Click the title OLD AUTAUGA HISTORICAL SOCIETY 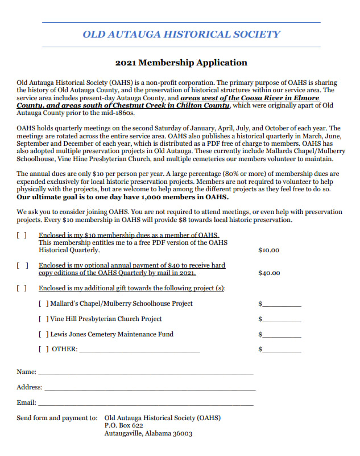pos(181,34)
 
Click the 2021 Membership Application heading pos(181,63)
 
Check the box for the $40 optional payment pos(22,265)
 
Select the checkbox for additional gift pos(22,288)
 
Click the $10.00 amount pos(269,250)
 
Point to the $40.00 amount pos(269,273)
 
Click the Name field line pos(145,373)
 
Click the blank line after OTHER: pos(139,351)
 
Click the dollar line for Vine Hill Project pos(282,321)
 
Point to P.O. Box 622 pos(124,425)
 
